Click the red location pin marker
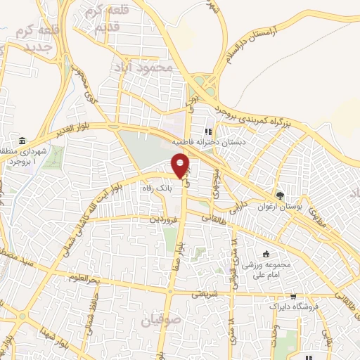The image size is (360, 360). pyautogui.click(x=181, y=165)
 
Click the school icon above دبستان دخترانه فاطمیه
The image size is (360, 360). pyautogui.click(x=208, y=131)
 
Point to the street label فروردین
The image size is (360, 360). pyautogui.click(x=164, y=220)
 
